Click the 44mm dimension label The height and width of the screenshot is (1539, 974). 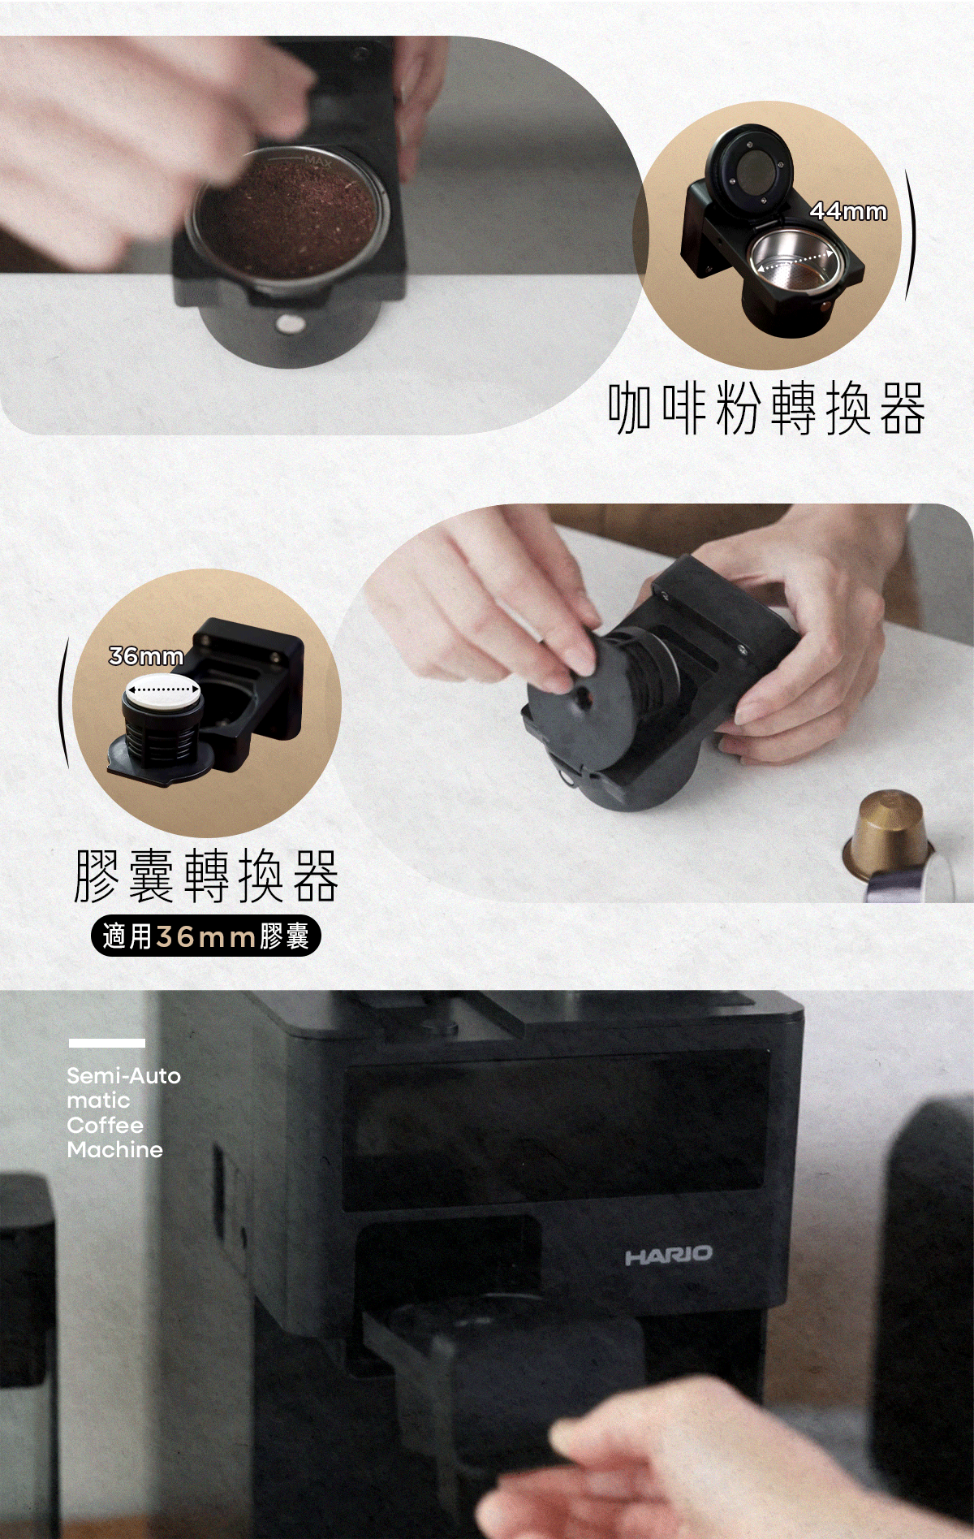(x=848, y=211)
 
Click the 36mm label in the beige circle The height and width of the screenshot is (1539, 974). (x=146, y=655)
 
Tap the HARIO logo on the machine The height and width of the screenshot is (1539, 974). (x=668, y=1256)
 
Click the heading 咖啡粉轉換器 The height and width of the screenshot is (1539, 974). (x=766, y=408)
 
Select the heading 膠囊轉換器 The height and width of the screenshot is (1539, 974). (x=206, y=875)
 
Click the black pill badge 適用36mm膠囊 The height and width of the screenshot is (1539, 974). (x=206, y=936)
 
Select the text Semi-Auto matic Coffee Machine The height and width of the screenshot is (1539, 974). (x=123, y=1113)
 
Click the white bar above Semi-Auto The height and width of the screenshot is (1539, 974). (x=106, y=1043)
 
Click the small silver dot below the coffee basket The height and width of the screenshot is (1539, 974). (x=288, y=326)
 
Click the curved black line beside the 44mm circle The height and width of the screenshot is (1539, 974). (x=912, y=236)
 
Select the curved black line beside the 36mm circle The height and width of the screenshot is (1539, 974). (x=62, y=703)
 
